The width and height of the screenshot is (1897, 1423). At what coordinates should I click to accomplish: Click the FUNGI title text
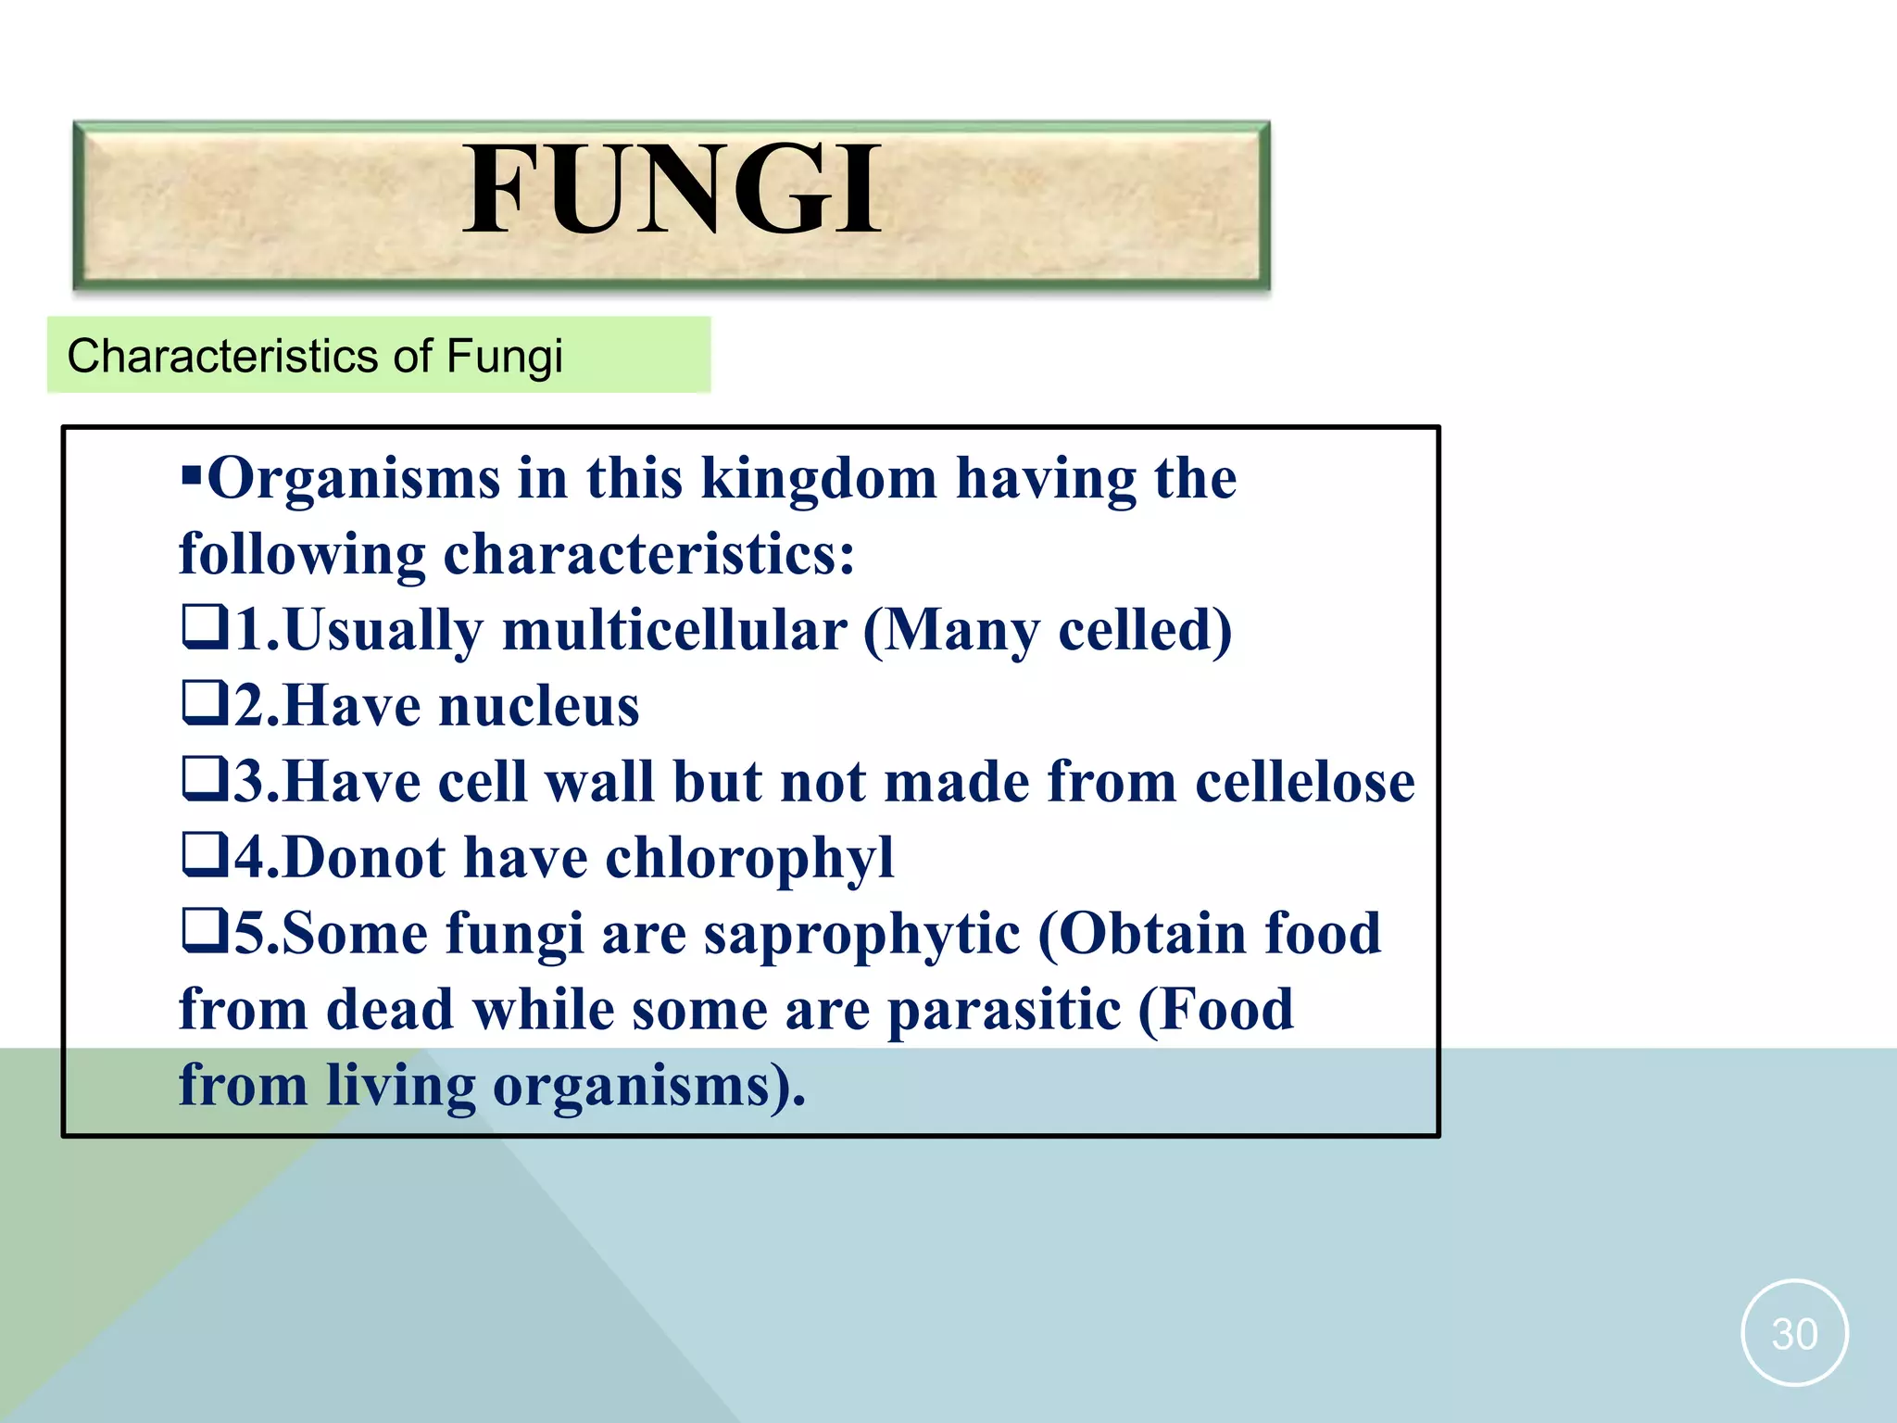coord(672,191)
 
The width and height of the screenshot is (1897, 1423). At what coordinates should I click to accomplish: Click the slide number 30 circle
coord(1794,1333)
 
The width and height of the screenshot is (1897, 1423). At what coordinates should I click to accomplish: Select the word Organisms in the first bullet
coord(355,479)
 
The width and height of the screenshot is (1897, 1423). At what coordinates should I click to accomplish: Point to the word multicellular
coord(674,631)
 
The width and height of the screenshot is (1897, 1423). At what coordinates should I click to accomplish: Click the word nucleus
coord(538,707)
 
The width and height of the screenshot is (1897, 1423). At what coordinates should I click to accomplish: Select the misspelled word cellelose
coord(1304,783)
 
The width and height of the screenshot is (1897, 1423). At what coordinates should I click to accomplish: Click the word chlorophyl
coord(749,859)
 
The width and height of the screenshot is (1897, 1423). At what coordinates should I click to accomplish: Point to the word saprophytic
coord(861,935)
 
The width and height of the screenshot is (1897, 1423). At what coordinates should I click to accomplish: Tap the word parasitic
coord(1004,1011)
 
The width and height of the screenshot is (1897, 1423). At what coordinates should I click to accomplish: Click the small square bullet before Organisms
coord(192,478)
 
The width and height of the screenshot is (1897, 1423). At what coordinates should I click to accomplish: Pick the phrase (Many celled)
coord(1048,631)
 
